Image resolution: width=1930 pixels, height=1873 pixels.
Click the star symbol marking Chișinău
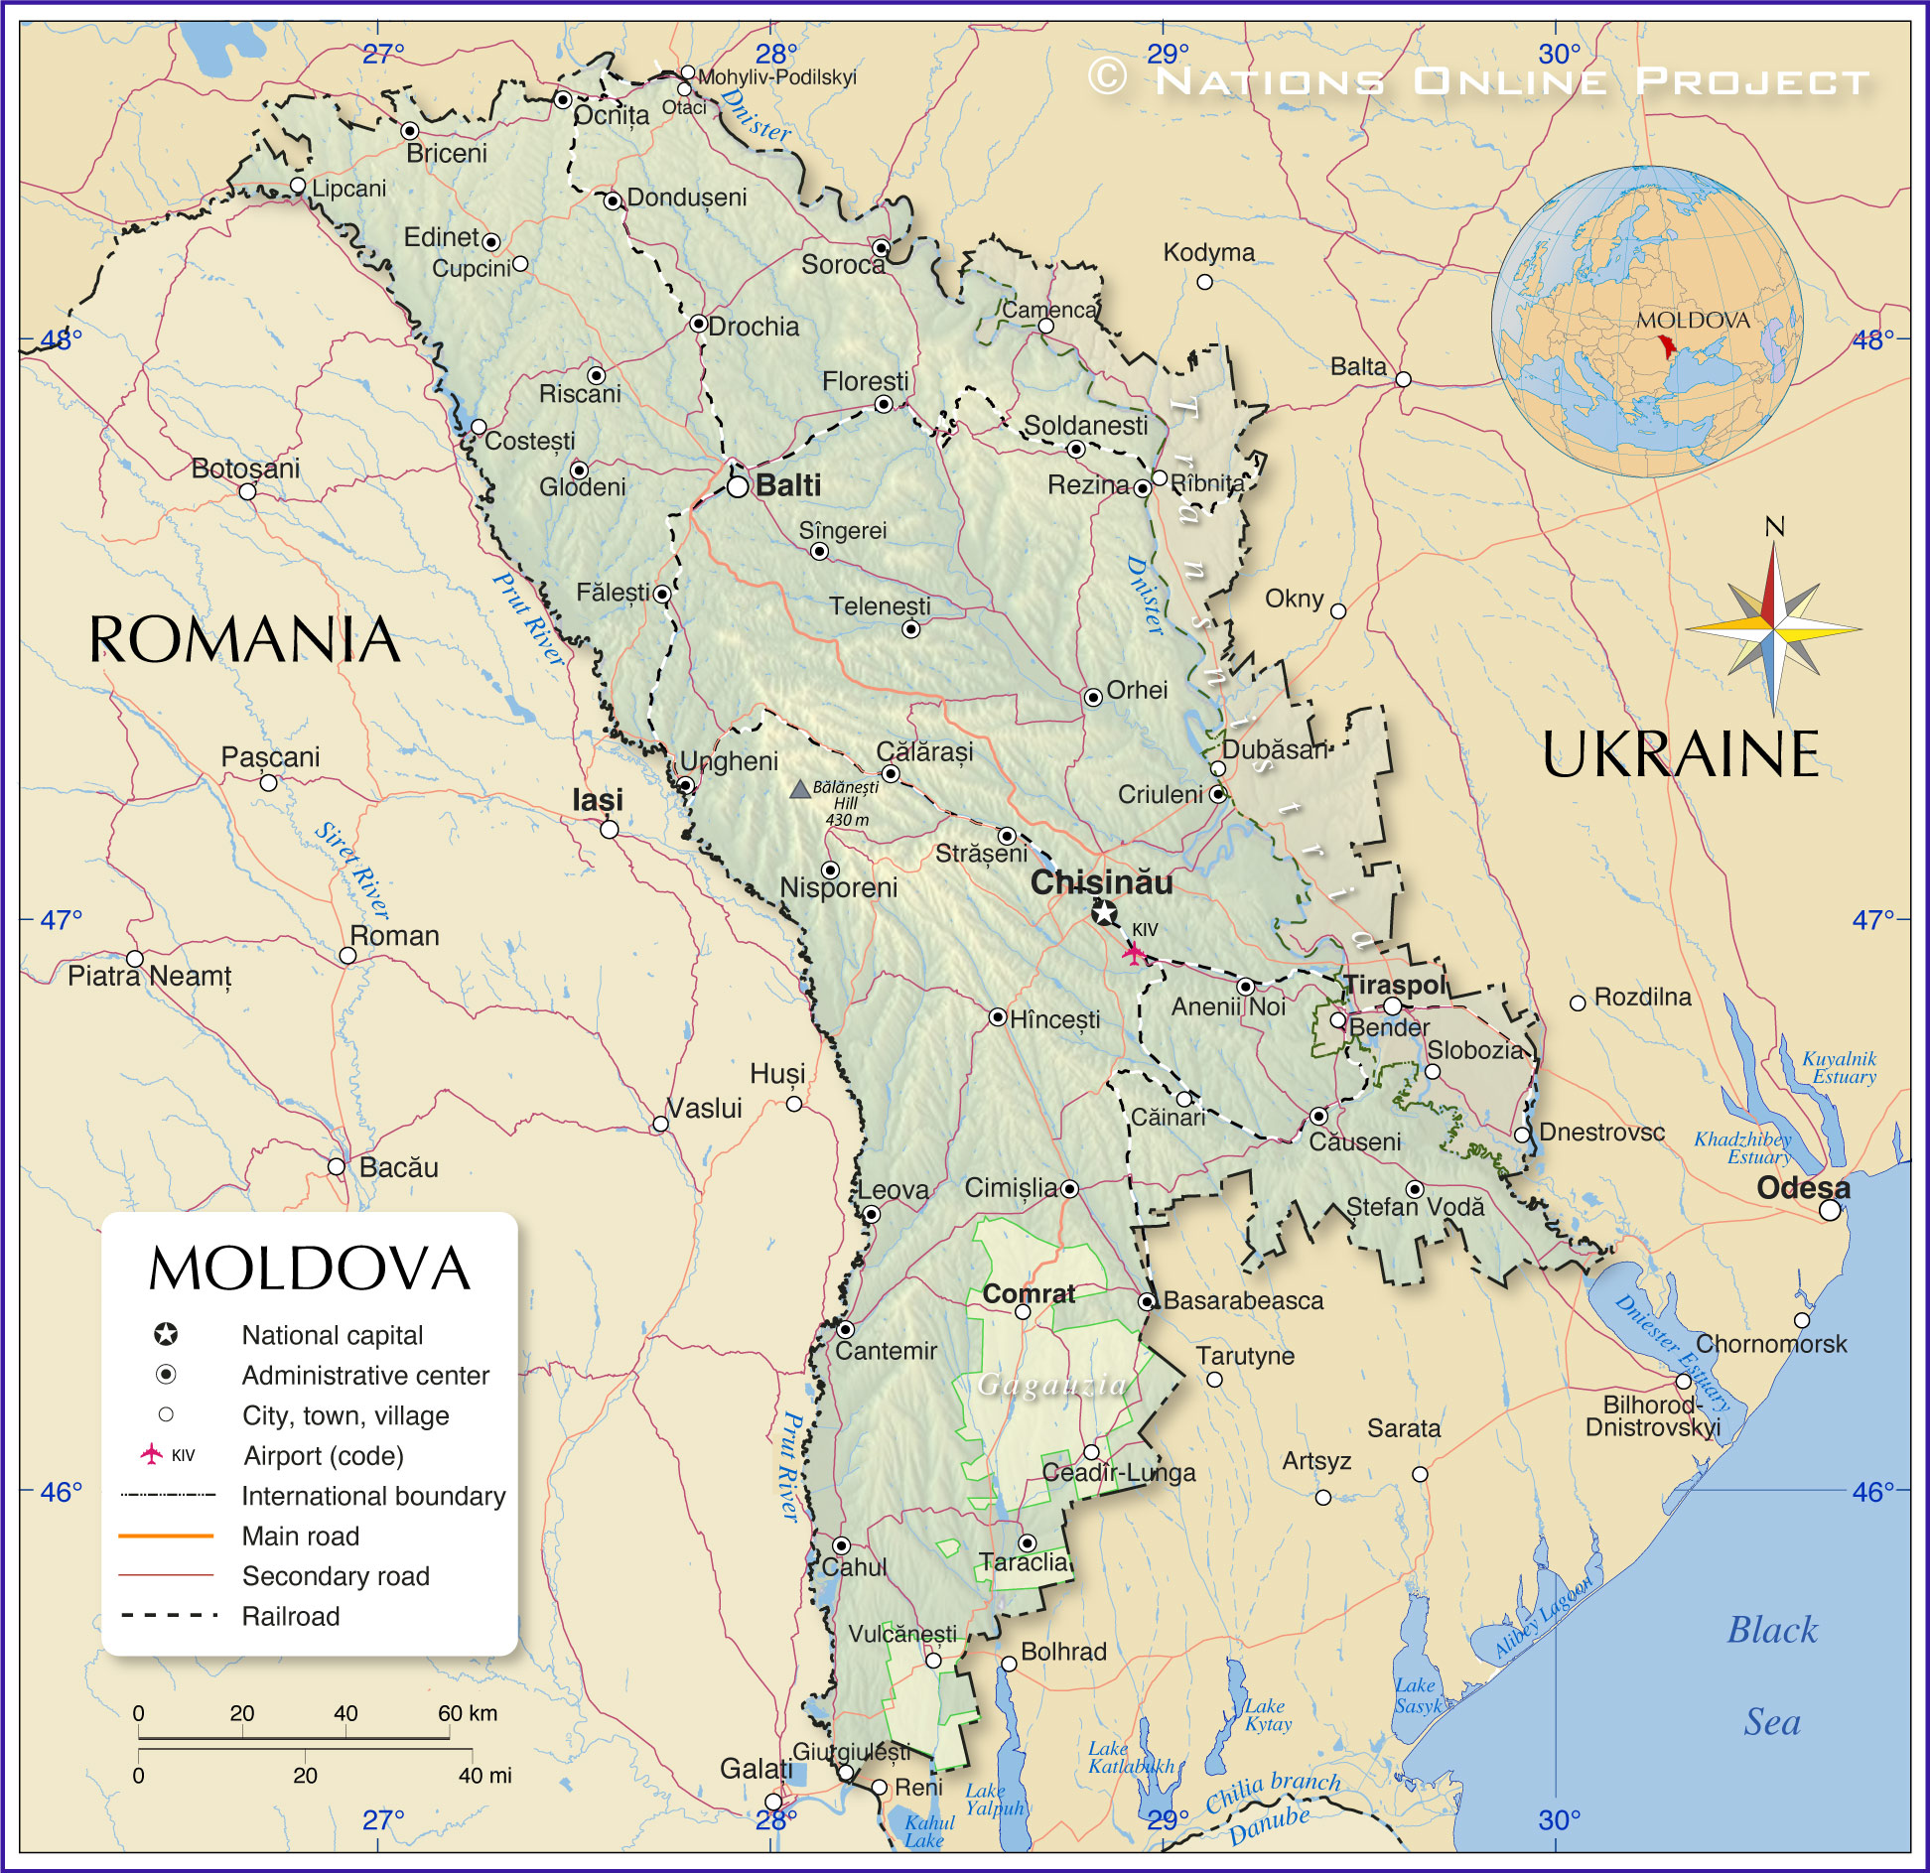(1104, 913)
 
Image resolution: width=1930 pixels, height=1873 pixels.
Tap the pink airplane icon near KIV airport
(1133, 954)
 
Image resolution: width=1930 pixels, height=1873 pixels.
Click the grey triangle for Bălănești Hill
(800, 790)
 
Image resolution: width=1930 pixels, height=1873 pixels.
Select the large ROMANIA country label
(244, 639)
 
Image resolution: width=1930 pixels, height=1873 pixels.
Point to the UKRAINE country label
(1680, 754)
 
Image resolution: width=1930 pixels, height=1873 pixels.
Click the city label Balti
(788, 485)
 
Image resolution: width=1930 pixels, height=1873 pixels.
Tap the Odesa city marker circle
(1830, 1210)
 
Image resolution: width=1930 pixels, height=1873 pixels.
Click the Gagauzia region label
(1052, 1385)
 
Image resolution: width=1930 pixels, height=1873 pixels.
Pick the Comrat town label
(1029, 1294)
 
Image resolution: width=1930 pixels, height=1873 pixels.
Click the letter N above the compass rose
(1774, 527)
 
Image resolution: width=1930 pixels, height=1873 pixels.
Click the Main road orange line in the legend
(166, 1536)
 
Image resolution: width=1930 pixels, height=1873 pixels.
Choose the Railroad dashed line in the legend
(168, 1616)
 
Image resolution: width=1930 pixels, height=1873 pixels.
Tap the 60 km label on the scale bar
(468, 1713)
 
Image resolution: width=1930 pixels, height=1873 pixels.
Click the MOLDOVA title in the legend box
(309, 1269)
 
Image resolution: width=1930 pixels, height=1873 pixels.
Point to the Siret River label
(352, 870)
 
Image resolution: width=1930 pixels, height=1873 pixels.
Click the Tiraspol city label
(1396, 985)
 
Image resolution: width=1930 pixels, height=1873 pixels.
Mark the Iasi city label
(598, 800)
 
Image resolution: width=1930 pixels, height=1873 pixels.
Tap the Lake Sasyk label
(1418, 1696)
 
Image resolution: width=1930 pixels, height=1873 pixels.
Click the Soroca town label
(842, 265)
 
